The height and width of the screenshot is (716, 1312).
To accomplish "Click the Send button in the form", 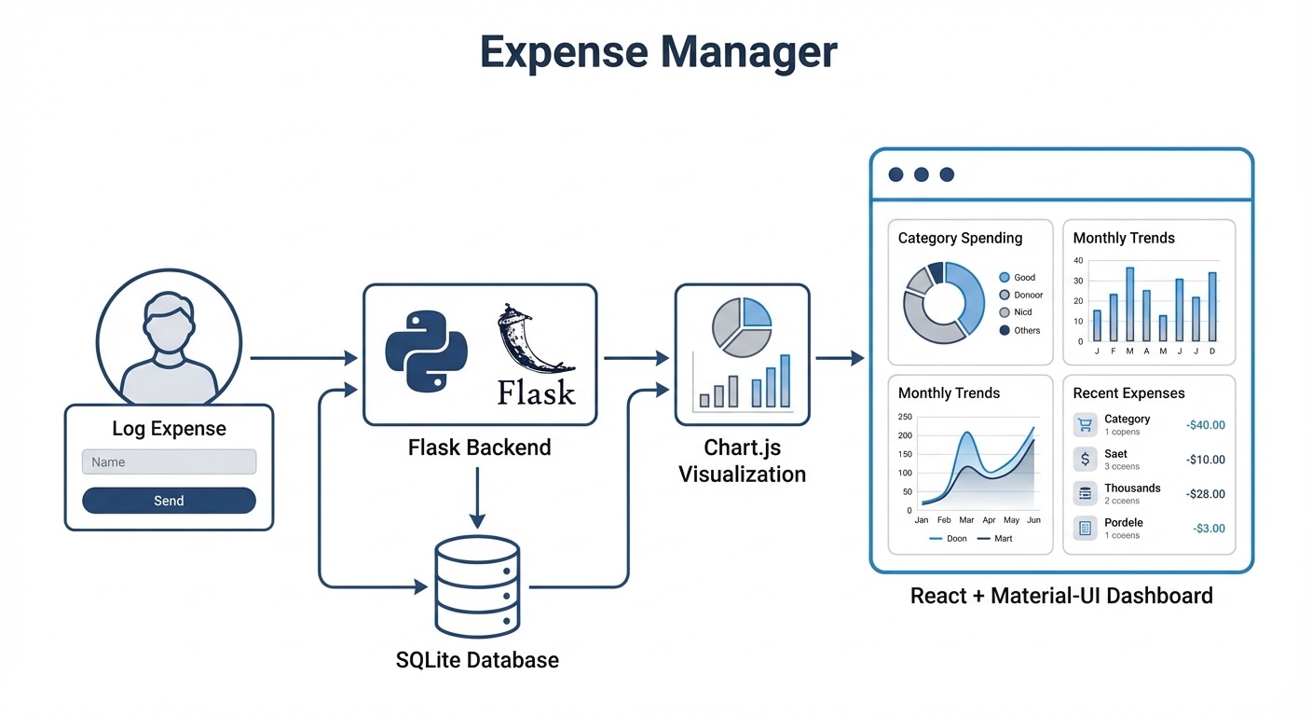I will pyautogui.click(x=169, y=501).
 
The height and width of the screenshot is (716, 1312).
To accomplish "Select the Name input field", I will pyautogui.click(x=169, y=461).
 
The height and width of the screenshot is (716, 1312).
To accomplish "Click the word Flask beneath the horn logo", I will pyautogui.click(x=536, y=392).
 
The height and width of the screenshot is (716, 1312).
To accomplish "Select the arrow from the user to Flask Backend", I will pyautogui.click(x=304, y=358).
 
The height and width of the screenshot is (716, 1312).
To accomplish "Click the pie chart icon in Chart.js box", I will pyautogui.click(x=742, y=327).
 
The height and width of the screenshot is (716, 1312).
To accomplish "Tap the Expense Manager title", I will pyautogui.click(x=658, y=52).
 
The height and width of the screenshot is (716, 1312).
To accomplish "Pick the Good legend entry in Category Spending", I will pyautogui.click(x=1018, y=277).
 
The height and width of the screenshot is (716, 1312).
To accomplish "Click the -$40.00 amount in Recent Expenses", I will pyautogui.click(x=1206, y=425).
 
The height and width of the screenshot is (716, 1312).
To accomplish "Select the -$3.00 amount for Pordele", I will pyautogui.click(x=1209, y=529).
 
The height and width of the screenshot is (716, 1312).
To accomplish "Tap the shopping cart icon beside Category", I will pyautogui.click(x=1085, y=425).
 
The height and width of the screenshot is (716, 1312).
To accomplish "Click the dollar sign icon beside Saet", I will pyautogui.click(x=1085, y=460).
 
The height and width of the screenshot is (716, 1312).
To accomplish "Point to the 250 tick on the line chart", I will pyautogui.click(x=905, y=417).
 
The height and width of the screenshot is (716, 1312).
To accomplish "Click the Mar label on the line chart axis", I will pyautogui.click(x=966, y=519).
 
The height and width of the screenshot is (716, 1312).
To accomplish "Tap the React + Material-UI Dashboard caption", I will pyautogui.click(x=1061, y=595).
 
